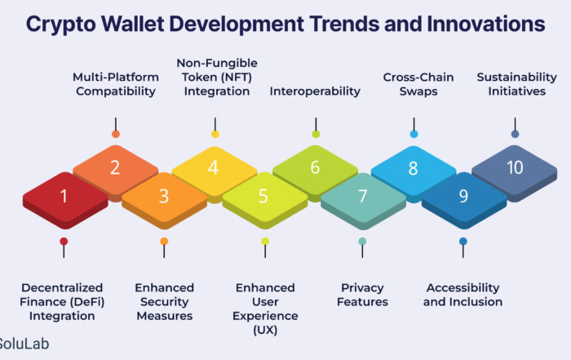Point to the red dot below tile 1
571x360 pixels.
point(64,241)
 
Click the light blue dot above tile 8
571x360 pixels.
point(414,134)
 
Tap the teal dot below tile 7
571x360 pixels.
point(362,241)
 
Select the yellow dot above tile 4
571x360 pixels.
point(215,134)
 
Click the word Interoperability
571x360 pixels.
point(315,91)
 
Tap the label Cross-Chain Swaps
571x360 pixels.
point(418,84)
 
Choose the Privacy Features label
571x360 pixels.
point(362,295)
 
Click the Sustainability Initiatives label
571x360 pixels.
point(516,84)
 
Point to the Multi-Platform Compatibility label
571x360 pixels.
point(116,84)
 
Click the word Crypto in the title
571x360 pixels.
point(61,24)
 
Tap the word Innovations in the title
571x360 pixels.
point(486,24)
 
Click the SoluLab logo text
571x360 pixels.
point(24,344)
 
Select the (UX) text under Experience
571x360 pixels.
point(265,330)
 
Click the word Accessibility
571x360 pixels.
point(463,288)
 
